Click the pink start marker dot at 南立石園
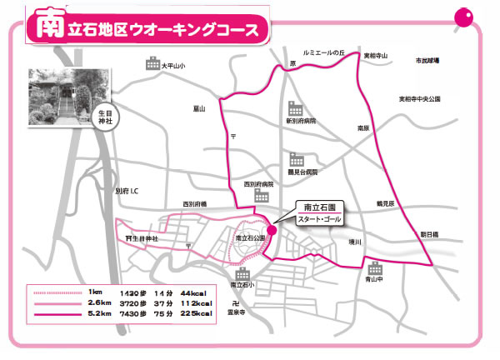click(x=272, y=232)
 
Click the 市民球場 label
click(x=428, y=62)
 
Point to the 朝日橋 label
click(x=431, y=211)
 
